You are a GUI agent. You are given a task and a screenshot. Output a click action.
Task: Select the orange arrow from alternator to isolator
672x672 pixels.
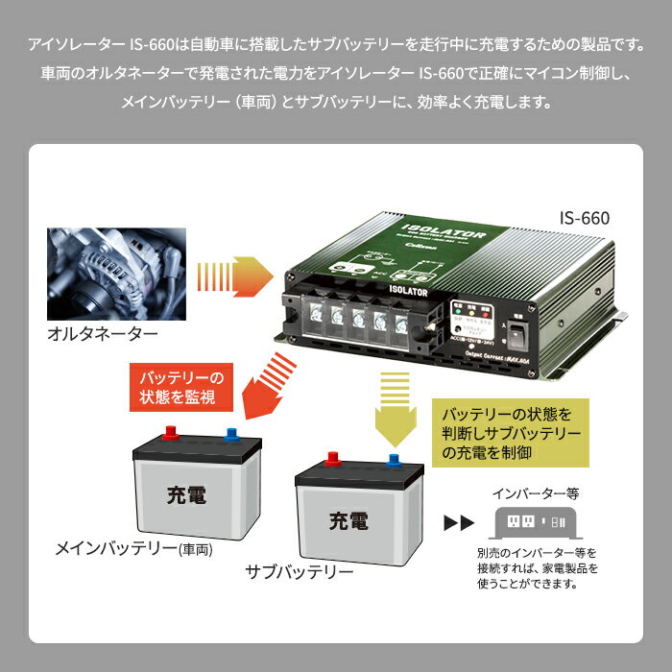point(228,276)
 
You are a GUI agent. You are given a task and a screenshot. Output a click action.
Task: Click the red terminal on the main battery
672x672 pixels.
point(171,433)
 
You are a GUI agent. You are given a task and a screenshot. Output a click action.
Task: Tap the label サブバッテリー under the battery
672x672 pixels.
point(300,572)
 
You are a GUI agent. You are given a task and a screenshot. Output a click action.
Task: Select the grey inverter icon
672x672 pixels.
point(534,524)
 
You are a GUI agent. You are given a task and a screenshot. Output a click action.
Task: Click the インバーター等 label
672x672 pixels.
point(536,495)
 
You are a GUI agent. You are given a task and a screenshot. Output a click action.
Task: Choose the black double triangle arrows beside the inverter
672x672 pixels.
point(459,524)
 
